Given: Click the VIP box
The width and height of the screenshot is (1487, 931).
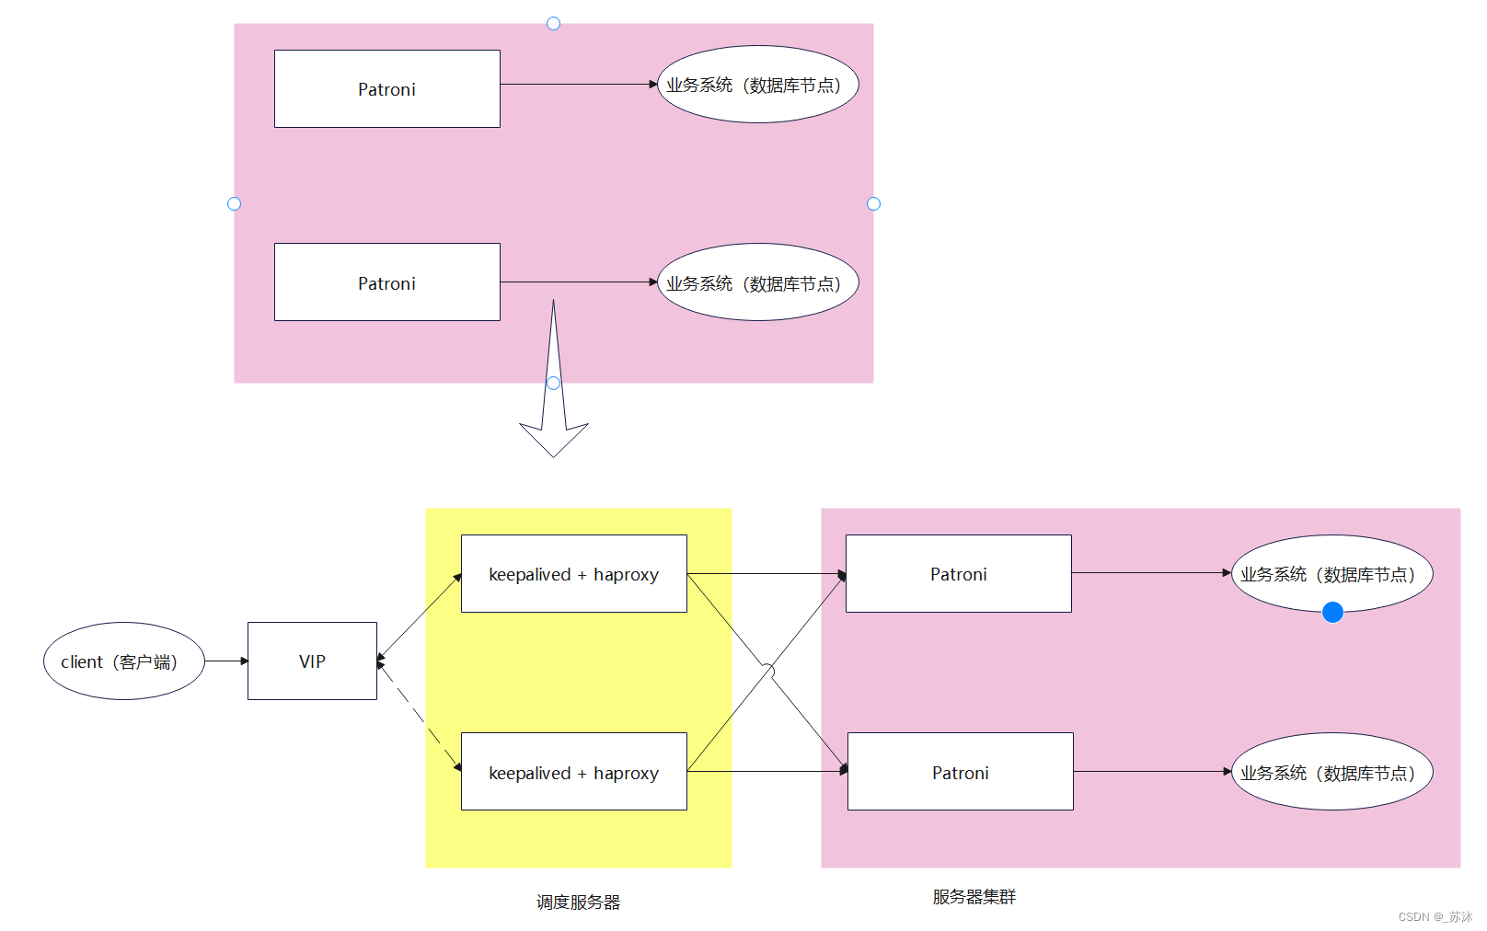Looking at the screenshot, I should (x=312, y=661).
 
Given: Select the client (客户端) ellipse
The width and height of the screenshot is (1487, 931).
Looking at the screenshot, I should (x=123, y=661).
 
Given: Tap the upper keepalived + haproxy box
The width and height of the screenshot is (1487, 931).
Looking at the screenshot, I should (x=573, y=573).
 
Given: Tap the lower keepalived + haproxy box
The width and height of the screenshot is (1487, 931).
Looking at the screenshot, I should (x=573, y=771).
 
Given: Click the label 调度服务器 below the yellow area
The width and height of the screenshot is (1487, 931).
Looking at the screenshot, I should (x=578, y=902).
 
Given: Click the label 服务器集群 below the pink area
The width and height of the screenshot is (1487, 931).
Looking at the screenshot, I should (x=974, y=896).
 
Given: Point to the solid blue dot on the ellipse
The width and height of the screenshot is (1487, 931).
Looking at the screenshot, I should (x=1331, y=612).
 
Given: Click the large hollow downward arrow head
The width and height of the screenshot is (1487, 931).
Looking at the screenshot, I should (x=553, y=438).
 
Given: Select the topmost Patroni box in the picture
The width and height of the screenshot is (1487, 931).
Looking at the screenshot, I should (x=386, y=88).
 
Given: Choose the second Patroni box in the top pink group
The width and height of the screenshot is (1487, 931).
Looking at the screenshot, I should (x=386, y=282).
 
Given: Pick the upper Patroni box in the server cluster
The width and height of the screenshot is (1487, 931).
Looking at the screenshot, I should (x=958, y=573).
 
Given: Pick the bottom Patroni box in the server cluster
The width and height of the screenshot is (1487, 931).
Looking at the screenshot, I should (x=960, y=771).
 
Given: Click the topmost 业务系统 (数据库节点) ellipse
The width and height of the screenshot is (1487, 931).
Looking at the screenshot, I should (x=757, y=84).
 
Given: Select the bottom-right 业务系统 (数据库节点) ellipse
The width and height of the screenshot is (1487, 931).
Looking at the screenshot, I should (x=1331, y=771).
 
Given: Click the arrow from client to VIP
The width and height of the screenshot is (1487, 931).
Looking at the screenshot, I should (x=225, y=661).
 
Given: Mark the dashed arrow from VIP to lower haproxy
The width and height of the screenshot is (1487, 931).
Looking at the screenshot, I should (x=419, y=715).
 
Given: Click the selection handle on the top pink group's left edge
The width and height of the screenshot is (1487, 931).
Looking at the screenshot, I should (x=234, y=203).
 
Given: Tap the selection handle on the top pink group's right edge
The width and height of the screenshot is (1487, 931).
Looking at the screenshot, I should (x=873, y=203).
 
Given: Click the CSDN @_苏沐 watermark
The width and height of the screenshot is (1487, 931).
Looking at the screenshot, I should (x=1435, y=916).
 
